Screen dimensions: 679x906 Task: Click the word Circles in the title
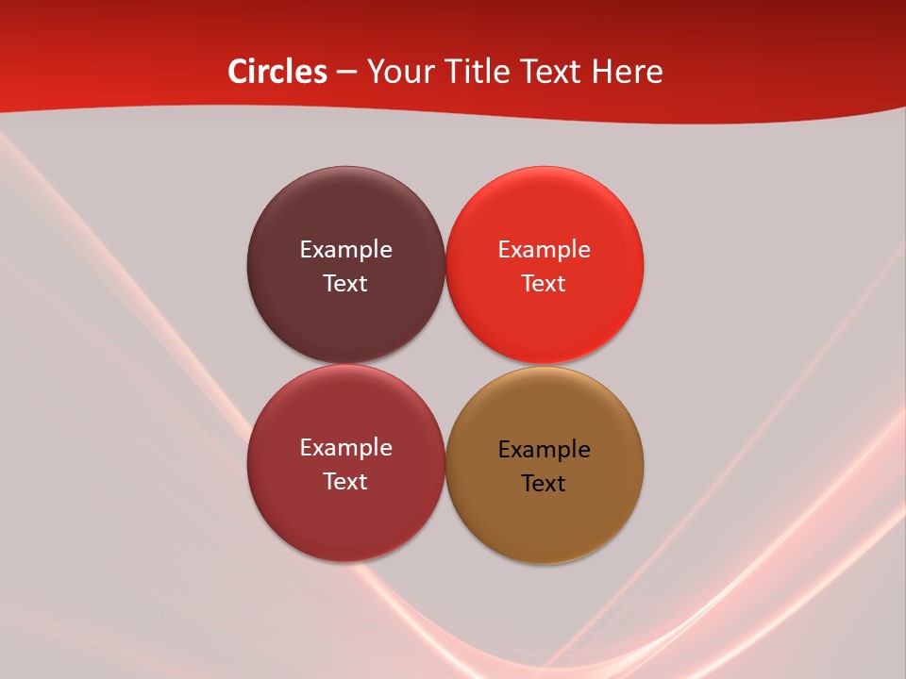point(277,72)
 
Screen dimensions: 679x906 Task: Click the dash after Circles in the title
point(346,73)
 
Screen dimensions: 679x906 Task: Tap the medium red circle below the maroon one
point(345,514)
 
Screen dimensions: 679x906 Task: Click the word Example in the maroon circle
point(345,249)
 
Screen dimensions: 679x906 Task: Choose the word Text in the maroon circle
point(345,283)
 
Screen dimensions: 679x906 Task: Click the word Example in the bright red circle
point(544,249)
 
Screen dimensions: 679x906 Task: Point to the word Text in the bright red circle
point(544,283)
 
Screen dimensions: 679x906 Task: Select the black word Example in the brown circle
point(544,449)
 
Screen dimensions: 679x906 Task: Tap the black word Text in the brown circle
point(544,483)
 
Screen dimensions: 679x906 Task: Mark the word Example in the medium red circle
point(345,447)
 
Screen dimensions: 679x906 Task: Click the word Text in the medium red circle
point(345,481)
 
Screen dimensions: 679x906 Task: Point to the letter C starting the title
point(237,72)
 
